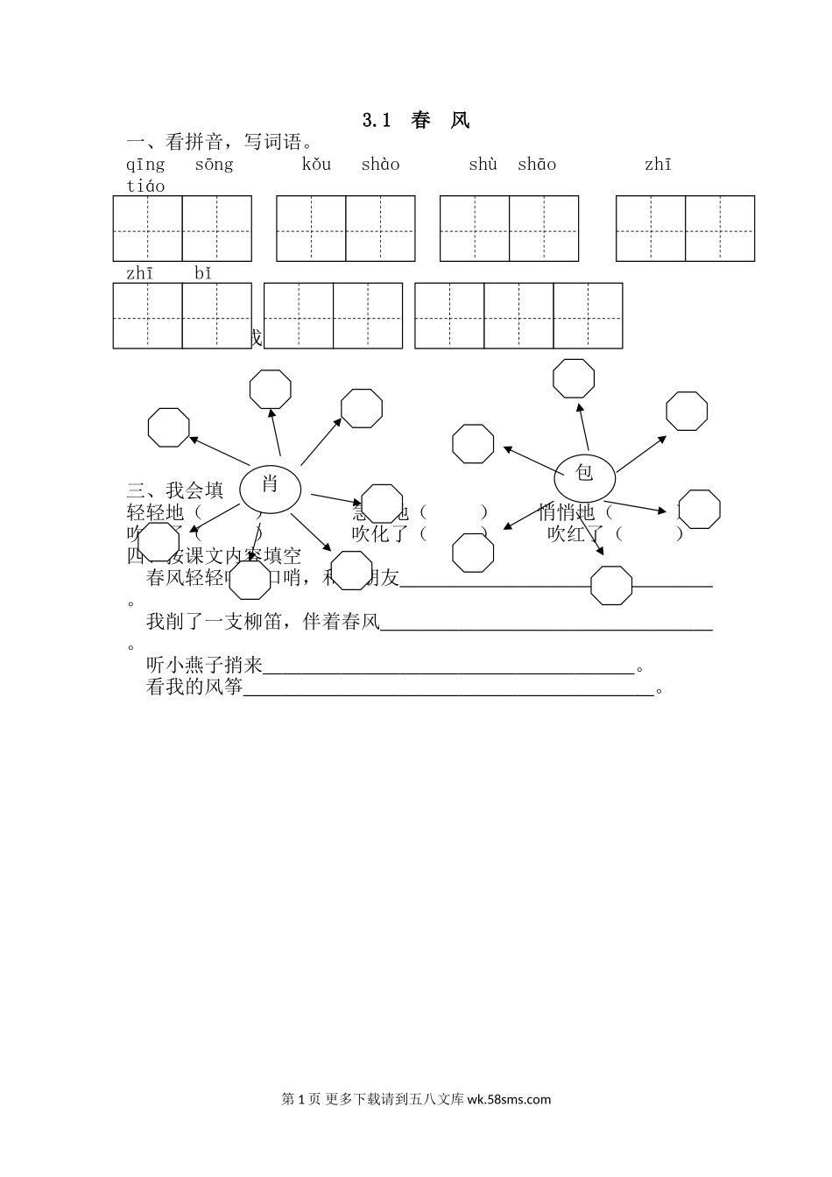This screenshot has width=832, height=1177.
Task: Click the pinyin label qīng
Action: pyautogui.click(x=145, y=165)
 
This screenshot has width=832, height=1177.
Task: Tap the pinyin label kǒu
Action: pyautogui.click(x=316, y=165)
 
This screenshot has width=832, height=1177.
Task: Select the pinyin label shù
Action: pyautogui.click(x=483, y=165)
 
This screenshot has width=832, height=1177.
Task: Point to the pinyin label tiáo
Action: pyautogui.click(x=145, y=186)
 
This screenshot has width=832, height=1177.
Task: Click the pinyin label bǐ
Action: pyautogui.click(x=203, y=273)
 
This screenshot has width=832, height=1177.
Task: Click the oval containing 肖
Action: pyautogui.click(x=270, y=487)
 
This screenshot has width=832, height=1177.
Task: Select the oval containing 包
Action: pyautogui.click(x=584, y=477)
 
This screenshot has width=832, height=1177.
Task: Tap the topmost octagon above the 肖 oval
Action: pyautogui.click(x=270, y=390)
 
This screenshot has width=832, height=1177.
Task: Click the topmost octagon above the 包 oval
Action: pyautogui.click(x=574, y=378)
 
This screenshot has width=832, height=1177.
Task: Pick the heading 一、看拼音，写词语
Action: pyautogui.click(x=219, y=142)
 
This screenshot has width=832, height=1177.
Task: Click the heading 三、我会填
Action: pyautogui.click(x=175, y=490)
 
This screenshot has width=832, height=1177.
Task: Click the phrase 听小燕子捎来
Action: pyautogui.click(x=204, y=666)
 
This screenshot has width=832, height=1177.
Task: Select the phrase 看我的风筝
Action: pyautogui.click(x=194, y=687)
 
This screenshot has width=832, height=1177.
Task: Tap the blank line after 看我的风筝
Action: pyautogui.click(x=448, y=692)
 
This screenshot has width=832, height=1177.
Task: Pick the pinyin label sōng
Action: pyautogui.click(x=214, y=165)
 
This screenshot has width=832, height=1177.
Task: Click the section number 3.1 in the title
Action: pyautogui.click(x=376, y=121)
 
